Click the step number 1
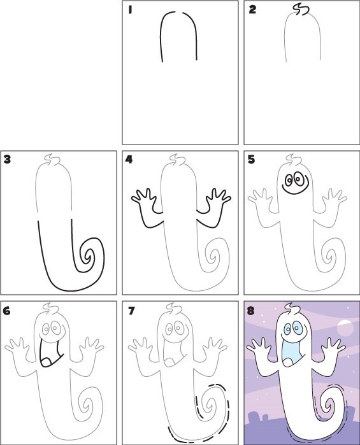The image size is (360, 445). click(x=130, y=10)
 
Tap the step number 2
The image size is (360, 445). click(x=252, y=10)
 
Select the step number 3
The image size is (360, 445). click(x=7, y=160)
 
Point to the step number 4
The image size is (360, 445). click(x=129, y=160)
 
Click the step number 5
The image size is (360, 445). click(x=251, y=160)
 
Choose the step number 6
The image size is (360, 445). click(x=7, y=311)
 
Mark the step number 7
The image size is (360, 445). click(x=131, y=311)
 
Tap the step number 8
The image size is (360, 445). click(x=251, y=311)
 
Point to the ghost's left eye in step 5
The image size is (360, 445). click(x=289, y=180)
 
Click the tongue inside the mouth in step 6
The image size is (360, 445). click(x=46, y=362)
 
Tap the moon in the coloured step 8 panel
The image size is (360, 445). click(x=345, y=327)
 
